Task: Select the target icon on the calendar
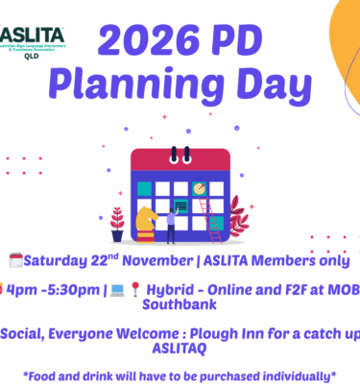(200, 188)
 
